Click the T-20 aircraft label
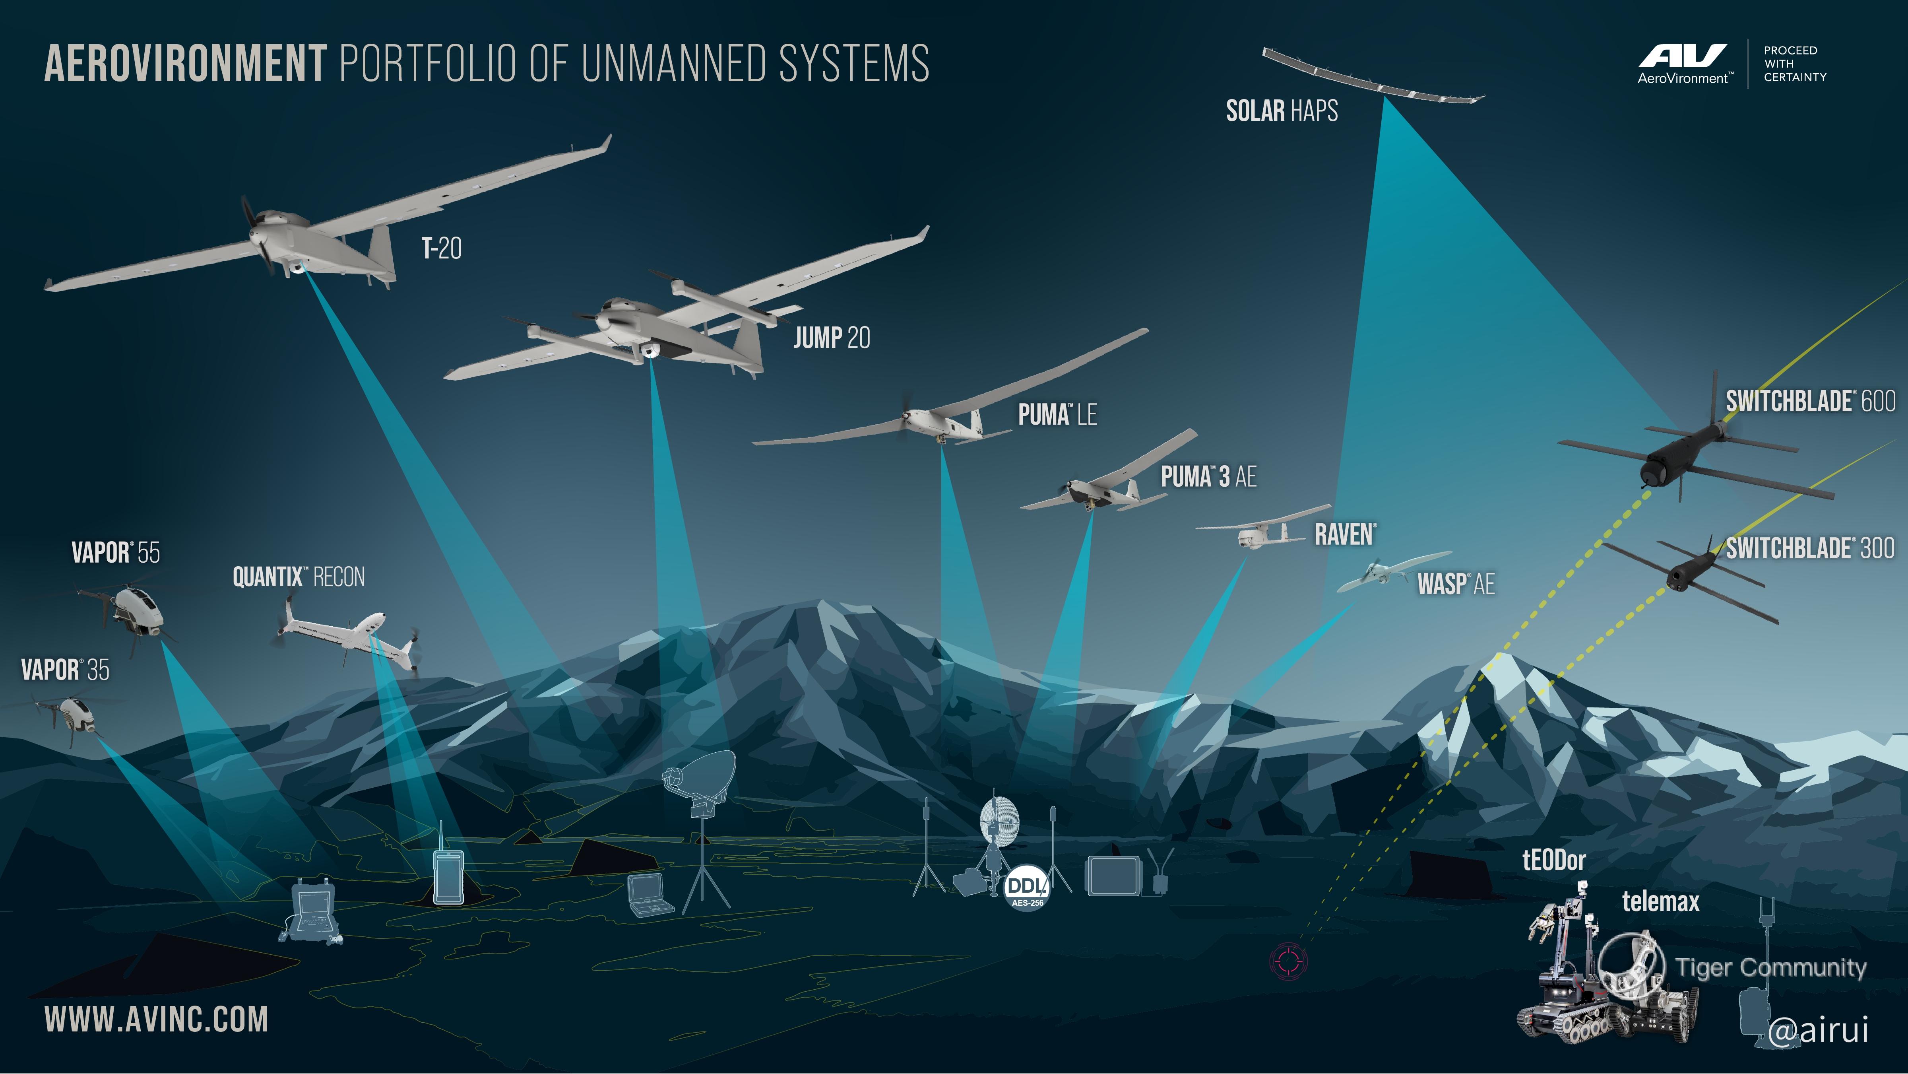(x=442, y=248)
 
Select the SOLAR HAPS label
(x=1282, y=111)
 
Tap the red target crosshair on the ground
(x=1289, y=961)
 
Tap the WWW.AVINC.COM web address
(x=156, y=1019)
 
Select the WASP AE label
(x=1455, y=585)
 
